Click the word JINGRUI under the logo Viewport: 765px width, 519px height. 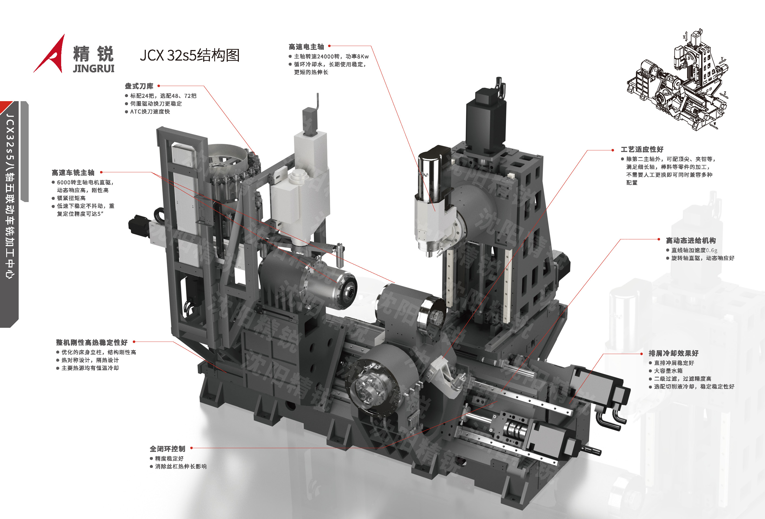[x=94, y=68]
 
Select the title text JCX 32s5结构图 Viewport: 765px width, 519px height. [x=190, y=55]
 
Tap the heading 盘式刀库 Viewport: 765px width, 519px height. [x=139, y=86]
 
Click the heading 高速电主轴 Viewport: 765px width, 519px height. [x=306, y=47]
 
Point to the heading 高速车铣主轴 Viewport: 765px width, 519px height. [x=73, y=173]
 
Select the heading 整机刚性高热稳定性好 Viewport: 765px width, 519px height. [x=92, y=342]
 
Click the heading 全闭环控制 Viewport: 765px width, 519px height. [x=167, y=449]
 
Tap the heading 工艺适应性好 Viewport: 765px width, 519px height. [x=642, y=149]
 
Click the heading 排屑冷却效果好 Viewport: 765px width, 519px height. [x=674, y=353]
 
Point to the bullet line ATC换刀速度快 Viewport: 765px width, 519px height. [x=150, y=112]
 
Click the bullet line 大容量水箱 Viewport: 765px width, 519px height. [x=668, y=371]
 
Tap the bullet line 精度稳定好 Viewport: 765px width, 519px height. [x=169, y=458]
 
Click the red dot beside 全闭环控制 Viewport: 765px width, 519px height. [x=192, y=448]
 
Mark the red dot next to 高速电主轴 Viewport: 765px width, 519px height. [x=329, y=46]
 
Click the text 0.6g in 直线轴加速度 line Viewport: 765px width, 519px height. [x=712, y=250]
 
